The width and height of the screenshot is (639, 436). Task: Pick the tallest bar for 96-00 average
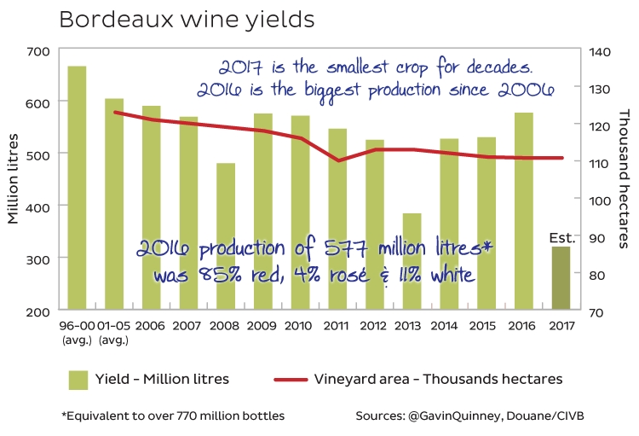(77, 188)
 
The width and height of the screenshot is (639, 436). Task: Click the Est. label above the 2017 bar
(562, 239)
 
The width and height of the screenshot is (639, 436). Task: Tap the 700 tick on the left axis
(37, 51)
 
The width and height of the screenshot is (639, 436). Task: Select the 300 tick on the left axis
(37, 259)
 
